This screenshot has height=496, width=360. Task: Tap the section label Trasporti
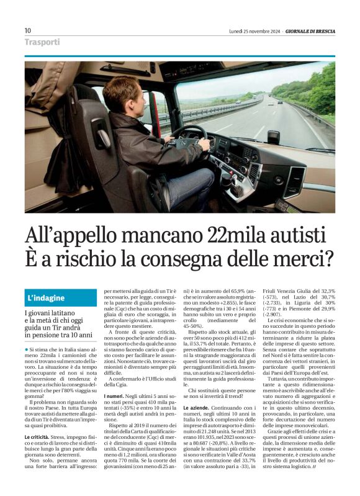click(x=42, y=42)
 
